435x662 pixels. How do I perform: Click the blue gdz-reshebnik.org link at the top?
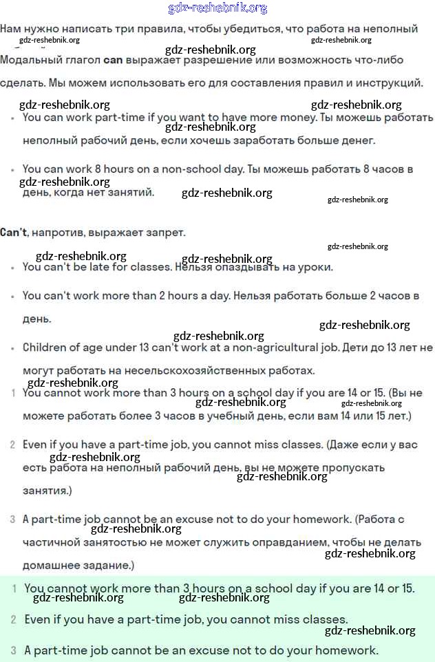coord(217,8)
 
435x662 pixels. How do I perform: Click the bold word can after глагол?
coord(113,60)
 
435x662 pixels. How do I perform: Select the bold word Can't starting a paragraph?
coord(14,233)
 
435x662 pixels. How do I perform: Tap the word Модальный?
coord(25,60)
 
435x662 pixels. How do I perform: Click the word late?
coord(109,267)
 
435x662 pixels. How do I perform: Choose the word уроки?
coord(317,267)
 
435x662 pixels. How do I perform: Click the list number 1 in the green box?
coord(14,588)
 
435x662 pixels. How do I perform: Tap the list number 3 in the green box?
coord(13,650)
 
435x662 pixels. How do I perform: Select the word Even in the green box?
coord(38,619)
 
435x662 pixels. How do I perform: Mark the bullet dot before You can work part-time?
coord(13,118)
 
